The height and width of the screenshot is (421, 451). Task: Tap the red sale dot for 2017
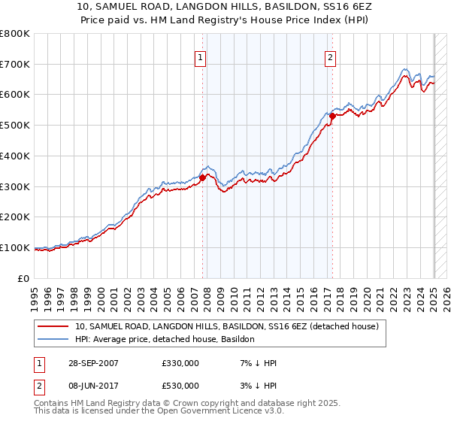point(332,115)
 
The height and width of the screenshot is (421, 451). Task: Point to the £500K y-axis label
point(15,126)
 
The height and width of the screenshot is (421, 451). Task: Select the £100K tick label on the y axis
point(15,247)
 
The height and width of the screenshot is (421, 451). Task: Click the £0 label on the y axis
point(24,278)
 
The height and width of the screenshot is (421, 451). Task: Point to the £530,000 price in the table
point(180,385)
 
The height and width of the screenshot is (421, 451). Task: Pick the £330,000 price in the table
point(180,363)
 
